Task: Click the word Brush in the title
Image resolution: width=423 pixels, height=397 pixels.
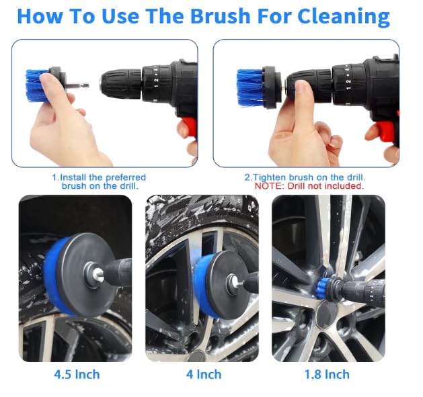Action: coord(221,16)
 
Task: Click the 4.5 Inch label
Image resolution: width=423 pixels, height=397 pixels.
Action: coord(77,374)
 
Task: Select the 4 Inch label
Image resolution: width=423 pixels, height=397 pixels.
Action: coord(204,374)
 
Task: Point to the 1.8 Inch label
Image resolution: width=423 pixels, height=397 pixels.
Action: coord(327,374)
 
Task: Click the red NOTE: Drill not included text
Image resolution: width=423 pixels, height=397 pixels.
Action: coord(309,186)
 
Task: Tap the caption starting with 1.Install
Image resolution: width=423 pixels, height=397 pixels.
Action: coord(99,181)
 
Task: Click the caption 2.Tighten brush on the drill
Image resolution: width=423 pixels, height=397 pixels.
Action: coord(305,177)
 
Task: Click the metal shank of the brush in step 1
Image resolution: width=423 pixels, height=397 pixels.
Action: coord(77,86)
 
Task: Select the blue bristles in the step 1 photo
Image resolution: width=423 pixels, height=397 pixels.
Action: coord(34,86)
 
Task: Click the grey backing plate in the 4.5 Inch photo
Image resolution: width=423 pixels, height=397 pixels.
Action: coord(87,275)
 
